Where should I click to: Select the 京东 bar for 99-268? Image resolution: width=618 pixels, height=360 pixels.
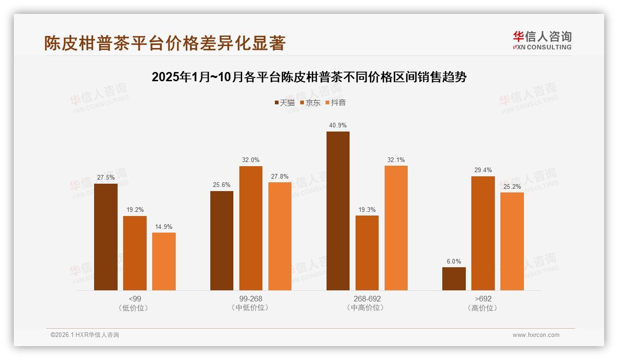click(250, 228)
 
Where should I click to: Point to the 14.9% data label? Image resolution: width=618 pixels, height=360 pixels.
click(164, 227)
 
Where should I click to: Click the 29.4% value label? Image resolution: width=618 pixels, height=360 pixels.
click(483, 170)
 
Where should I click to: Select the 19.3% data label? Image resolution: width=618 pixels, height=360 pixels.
click(367, 210)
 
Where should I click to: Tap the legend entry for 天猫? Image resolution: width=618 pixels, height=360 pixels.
click(285, 102)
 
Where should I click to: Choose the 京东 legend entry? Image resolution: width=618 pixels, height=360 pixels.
click(310, 102)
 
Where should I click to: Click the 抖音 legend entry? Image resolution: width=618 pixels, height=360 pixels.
click(336, 102)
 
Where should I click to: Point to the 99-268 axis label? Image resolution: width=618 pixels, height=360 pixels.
click(250, 299)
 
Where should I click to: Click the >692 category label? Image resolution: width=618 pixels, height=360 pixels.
click(482, 299)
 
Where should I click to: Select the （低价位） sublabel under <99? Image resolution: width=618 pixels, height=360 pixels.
click(134, 308)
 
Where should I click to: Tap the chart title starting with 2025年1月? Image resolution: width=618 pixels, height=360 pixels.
click(309, 77)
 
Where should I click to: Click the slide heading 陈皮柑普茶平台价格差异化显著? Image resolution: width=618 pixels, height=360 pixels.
click(165, 43)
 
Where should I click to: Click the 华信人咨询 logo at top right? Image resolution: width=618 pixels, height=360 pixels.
click(542, 41)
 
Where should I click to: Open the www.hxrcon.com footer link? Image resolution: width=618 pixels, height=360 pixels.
click(535, 335)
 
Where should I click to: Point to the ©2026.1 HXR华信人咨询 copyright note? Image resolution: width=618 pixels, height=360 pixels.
click(84, 335)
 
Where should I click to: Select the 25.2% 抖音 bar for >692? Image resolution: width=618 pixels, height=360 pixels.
click(512, 241)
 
